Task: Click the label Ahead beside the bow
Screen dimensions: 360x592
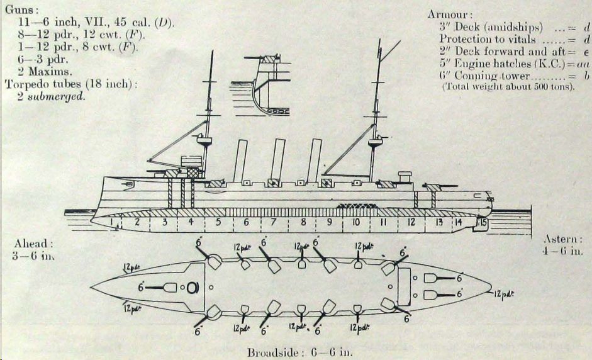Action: (30, 243)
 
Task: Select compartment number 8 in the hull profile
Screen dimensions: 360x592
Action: (303, 223)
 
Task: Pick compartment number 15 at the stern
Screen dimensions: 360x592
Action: (483, 222)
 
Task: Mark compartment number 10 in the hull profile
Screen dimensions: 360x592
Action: (356, 223)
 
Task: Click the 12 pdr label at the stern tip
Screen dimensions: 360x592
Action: (505, 293)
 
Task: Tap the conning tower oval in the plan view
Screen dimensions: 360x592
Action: (193, 288)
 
